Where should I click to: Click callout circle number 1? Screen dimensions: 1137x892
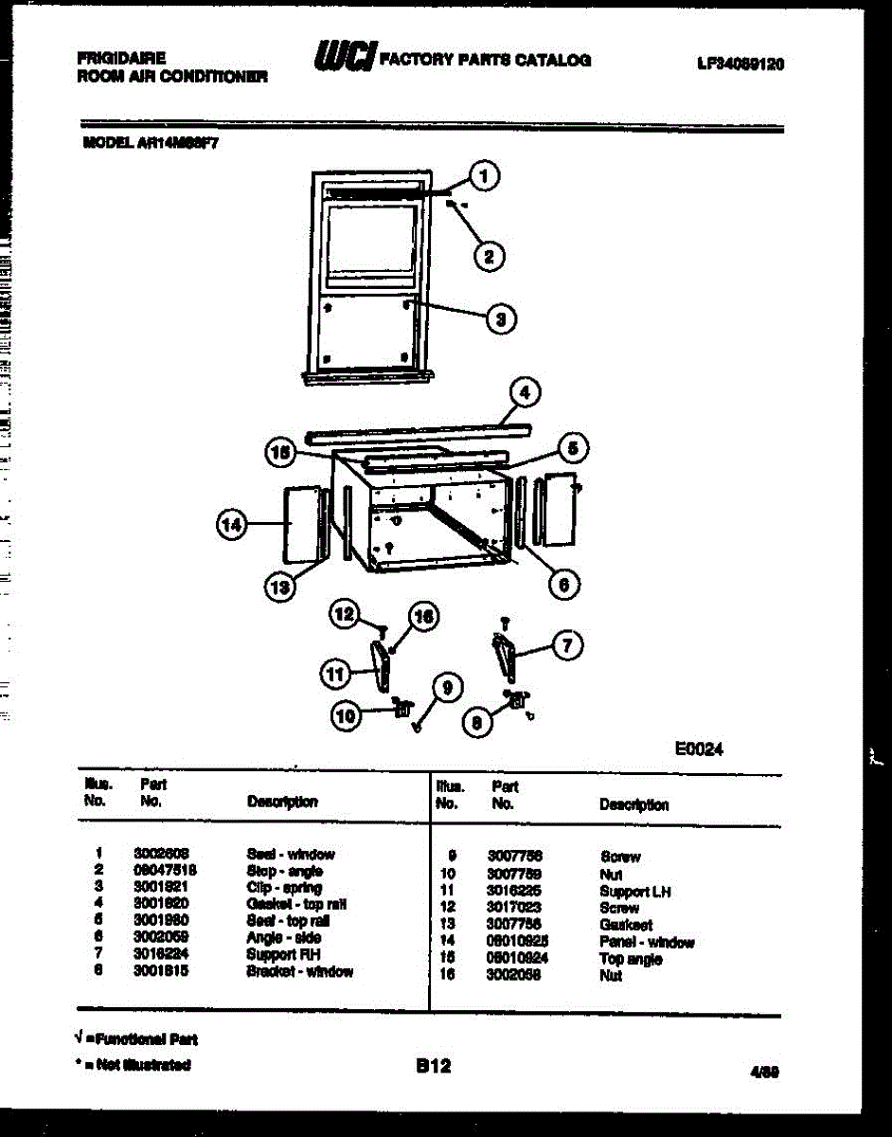pyautogui.click(x=485, y=176)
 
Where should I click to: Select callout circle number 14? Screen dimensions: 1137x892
pyautogui.click(x=231, y=525)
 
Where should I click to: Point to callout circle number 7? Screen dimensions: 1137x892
pyautogui.click(x=567, y=646)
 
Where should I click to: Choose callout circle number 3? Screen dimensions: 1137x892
pyautogui.click(x=501, y=318)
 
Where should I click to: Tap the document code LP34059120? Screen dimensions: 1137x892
pyautogui.click(x=740, y=65)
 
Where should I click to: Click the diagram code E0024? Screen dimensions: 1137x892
pyautogui.click(x=699, y=749)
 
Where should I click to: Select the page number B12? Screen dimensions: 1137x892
pyautogui.click(x=434, y=1066)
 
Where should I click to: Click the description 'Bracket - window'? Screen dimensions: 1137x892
pyautogui.click(x=299, y=971)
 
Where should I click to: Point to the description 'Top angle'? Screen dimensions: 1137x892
pyautogui.click(x=631, y=959)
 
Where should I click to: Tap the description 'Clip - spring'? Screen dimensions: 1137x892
pyautogui.click(x=284, y=888)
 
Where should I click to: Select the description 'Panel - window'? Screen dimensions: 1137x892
pyautogui.click(x=647, y=942)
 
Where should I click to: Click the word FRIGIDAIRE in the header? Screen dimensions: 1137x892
pyautogui.click(x=121, y=58)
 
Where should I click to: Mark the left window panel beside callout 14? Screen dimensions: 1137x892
pyautogui.click(x=298, y=525)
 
